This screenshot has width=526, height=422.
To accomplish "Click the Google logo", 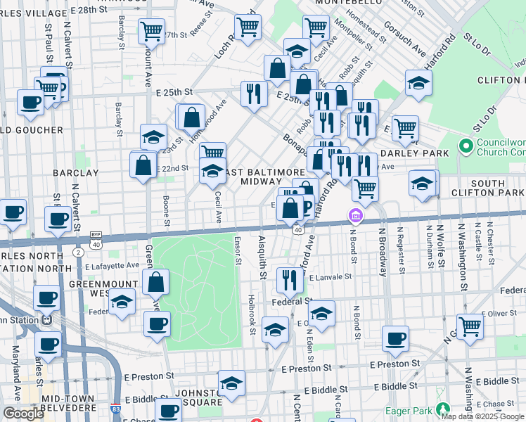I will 23,414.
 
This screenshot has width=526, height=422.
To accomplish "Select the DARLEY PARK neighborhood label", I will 414,153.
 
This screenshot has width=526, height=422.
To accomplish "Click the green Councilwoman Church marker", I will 465,147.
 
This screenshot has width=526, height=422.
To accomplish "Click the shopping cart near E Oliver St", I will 470,326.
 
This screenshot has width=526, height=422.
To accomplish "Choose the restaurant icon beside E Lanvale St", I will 289,280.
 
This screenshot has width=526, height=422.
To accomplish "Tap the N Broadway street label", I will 384,247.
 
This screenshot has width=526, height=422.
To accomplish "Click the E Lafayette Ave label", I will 113,266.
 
